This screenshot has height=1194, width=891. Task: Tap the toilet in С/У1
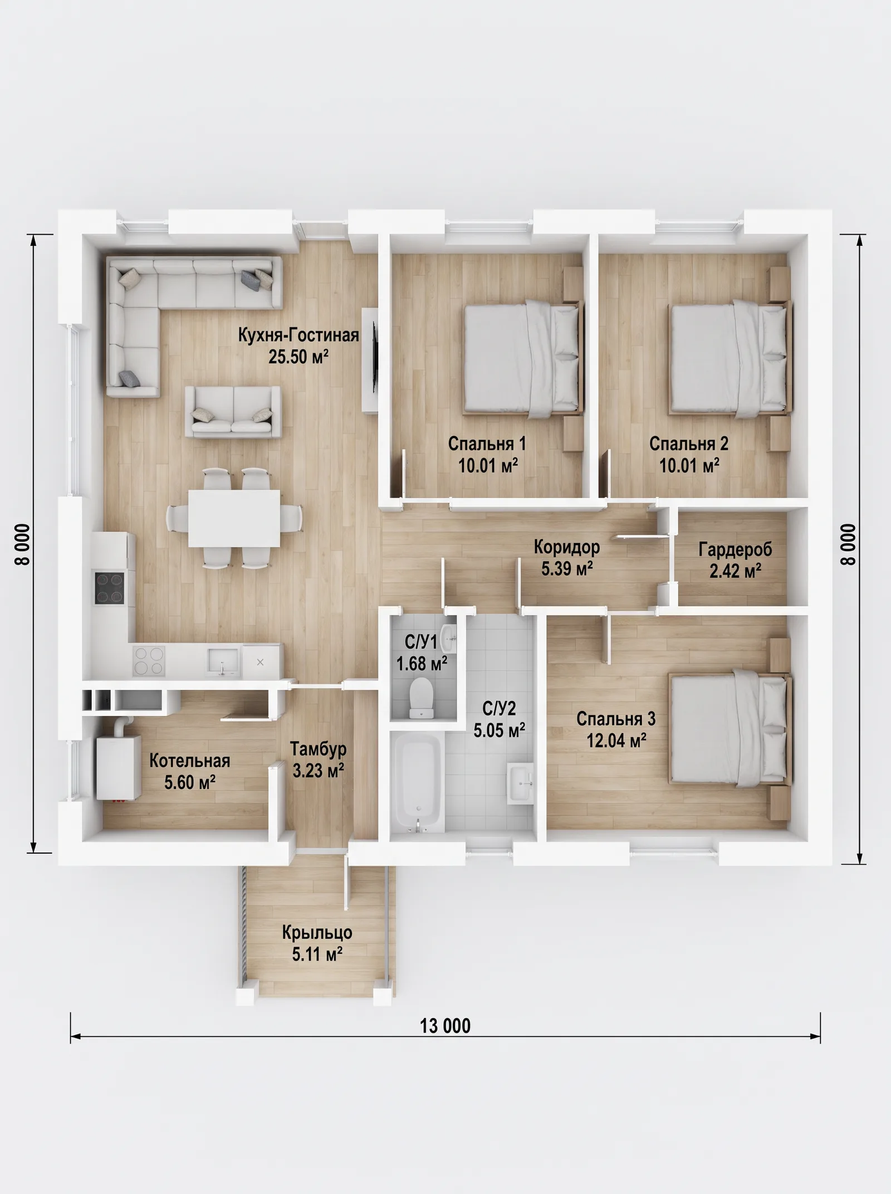point(422,697)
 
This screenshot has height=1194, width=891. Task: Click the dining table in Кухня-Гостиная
point(234,518)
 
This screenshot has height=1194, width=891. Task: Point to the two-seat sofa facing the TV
point(233,412)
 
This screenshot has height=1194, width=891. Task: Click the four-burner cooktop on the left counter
point(109,588)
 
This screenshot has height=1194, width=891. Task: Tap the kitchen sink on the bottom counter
point(223,661)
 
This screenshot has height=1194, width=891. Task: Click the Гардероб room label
point(736,550)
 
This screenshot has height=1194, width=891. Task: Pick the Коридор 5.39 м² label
point(567,557)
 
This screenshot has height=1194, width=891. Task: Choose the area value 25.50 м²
point(298,357)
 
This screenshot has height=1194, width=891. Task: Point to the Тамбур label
point(318,749)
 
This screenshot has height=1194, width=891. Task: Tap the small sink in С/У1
point(448,637)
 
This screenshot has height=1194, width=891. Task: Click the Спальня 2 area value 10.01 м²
point(689,466)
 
